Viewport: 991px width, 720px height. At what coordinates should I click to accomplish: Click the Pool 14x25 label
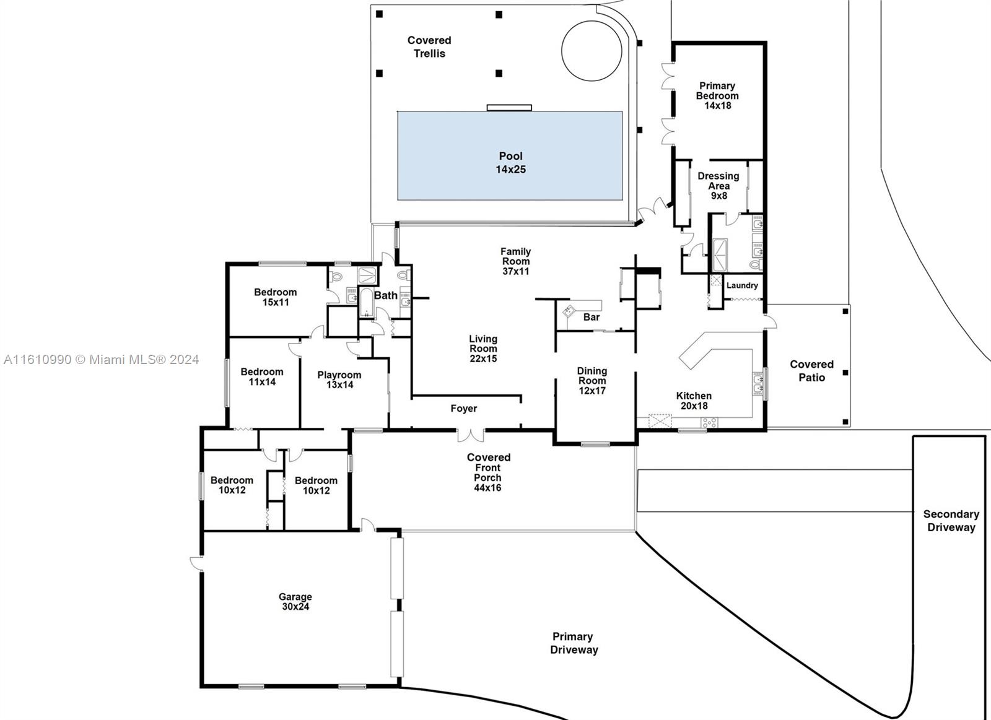(510, 163)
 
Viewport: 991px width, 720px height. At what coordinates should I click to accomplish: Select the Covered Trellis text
(429, 47)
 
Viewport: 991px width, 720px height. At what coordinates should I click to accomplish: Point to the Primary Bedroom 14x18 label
(717, 96)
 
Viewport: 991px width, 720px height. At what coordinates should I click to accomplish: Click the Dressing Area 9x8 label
(718, 186)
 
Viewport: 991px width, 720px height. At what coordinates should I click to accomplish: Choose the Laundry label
(742, 285)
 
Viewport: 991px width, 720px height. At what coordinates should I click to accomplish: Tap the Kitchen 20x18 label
(694, 401)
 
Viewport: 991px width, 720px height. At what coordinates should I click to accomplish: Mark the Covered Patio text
(811, 371)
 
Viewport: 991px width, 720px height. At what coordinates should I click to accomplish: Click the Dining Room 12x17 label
(592, 381)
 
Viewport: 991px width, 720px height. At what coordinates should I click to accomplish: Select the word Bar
(592, 317)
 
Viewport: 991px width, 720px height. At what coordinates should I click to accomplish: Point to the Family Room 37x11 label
(515, 261)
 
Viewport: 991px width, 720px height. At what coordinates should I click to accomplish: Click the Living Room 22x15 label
(483, 349)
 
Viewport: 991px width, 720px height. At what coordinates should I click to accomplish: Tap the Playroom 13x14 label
(339, 380)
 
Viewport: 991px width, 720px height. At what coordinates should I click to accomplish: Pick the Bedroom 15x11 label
(276, 297)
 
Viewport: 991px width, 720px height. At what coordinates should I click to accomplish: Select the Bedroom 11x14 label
(262, 376)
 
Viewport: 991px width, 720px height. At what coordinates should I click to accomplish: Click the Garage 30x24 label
(295, 602)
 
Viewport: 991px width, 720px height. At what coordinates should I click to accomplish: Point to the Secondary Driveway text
(951, 521)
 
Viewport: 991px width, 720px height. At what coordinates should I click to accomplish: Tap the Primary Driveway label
(574, 643)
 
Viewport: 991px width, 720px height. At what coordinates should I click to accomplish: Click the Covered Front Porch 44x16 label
(488, 472)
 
